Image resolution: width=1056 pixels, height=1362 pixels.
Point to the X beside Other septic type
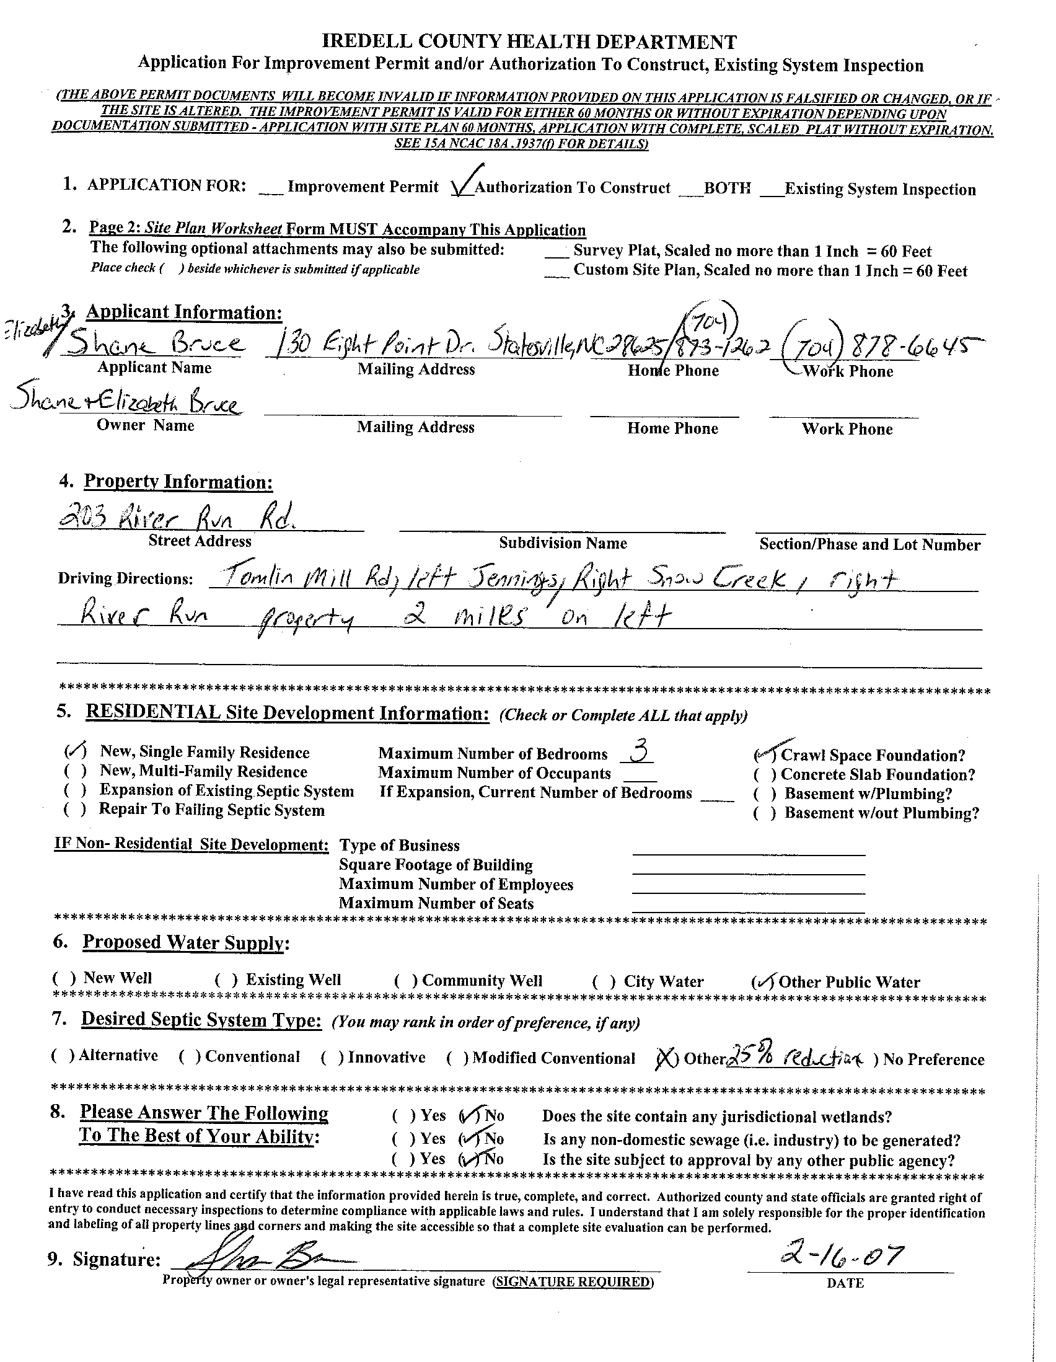(x=667, y=1058)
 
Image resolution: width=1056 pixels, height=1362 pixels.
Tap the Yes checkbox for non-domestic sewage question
(x=403, y=1139)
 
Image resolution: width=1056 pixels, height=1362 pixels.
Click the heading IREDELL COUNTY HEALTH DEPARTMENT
(x=529, y=42)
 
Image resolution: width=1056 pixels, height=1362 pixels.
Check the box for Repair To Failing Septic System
(x=74, y=810)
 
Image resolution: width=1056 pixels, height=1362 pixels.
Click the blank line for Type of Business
(x=748, y=849)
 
